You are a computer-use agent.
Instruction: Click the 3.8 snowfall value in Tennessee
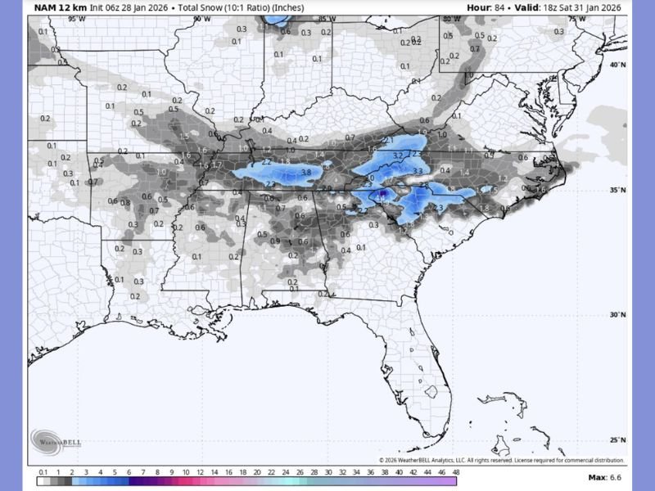(306, 173)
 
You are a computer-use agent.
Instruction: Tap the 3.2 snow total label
(398, 155)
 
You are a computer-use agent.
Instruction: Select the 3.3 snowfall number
(418, 171)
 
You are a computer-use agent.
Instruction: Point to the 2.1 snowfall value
(388, 141)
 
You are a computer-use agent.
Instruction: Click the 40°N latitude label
(618, 65)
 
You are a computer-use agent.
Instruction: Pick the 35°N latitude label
(618, 190)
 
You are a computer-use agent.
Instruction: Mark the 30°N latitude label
(618, 315)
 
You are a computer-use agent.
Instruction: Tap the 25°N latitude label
(618, 439)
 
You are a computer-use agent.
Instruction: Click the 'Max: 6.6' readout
(606, 477)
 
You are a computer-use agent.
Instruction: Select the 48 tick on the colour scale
(455, 472)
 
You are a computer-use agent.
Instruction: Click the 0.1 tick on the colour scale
(43, 472)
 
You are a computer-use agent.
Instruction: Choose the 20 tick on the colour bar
(257, 472)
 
